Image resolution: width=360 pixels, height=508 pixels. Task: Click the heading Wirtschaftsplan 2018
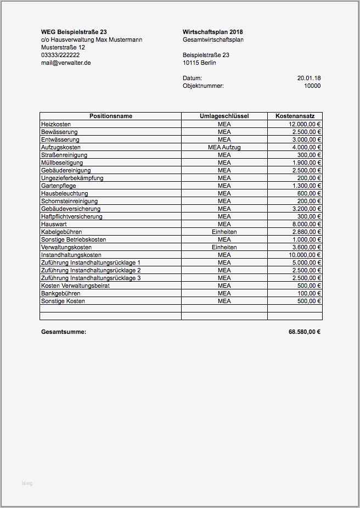(212, 32)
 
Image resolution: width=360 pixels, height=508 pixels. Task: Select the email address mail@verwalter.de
(66, 63)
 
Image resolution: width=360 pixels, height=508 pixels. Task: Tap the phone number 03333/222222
(60, 55)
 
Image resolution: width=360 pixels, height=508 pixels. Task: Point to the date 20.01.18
(309, 78)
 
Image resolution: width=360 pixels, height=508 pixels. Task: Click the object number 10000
(312, 86)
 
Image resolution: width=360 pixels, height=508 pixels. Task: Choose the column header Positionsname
(111, 116)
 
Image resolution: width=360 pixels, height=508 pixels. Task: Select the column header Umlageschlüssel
(224, 116)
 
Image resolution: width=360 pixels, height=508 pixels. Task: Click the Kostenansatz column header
(295, 116)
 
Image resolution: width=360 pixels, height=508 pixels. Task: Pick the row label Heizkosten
(56, 124)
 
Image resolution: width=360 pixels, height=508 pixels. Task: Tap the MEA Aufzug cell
(224, 147)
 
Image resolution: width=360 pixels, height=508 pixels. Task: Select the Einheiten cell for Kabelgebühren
(224, 232)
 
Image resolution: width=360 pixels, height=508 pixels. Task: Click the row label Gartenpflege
(58, 186)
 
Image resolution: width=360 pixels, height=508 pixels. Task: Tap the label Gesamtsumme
(64, 332)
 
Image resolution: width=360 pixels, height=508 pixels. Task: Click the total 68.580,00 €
(305, 332)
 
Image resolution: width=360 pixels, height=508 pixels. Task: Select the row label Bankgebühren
(60, 293)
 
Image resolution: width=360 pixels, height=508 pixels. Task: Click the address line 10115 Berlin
(199, 63)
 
